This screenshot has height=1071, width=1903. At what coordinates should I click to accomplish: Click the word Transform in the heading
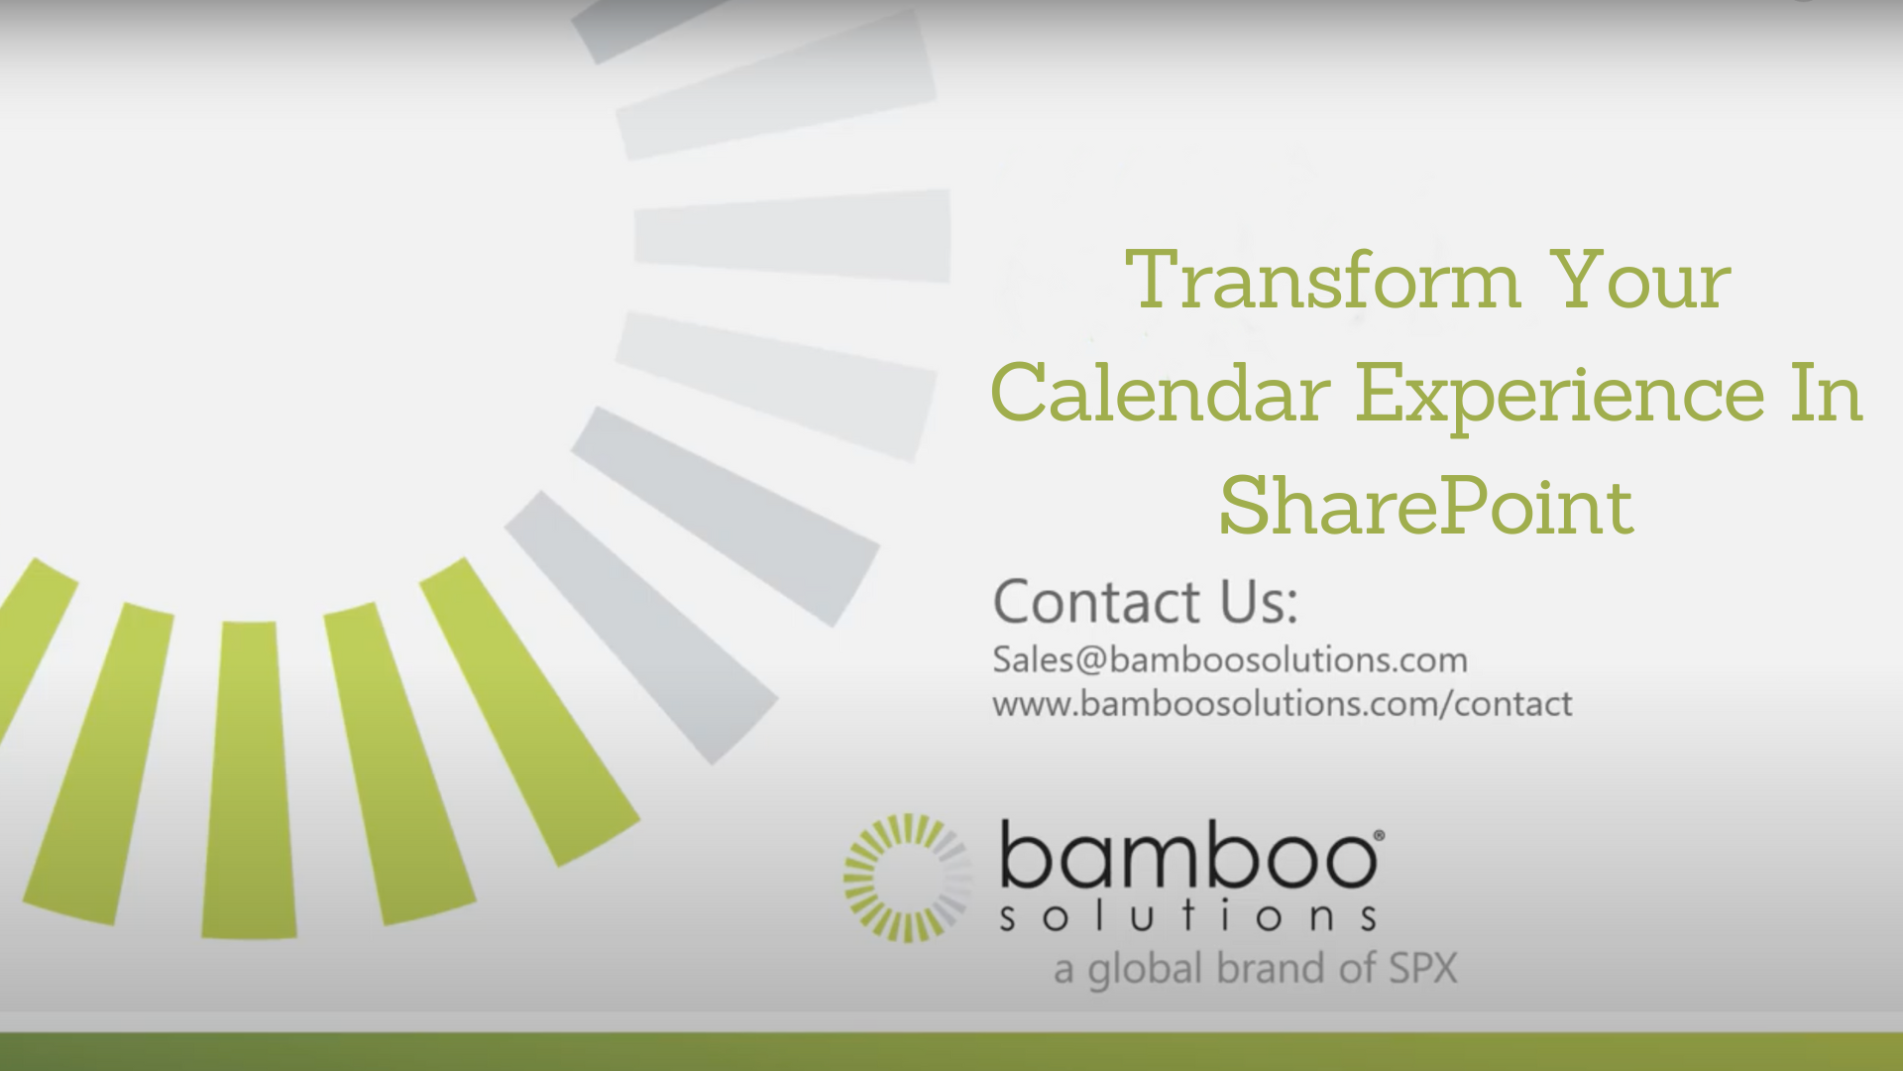click(x=1323, y=281)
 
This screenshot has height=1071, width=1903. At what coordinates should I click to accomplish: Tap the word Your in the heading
click(x=1641, y=281)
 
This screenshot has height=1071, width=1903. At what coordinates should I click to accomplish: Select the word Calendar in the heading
click(x=1160, y=394)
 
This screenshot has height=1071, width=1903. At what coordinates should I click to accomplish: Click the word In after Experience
click(x=1827, y=394)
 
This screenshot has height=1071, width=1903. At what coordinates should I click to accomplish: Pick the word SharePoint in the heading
click(x=1425, y=507)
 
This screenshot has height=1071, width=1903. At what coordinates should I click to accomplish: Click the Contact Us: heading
click(x=1145, y=602)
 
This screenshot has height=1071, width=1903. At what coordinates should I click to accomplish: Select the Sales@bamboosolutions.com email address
click(x=1229, y=660)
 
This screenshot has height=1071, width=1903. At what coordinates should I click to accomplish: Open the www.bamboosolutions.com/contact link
click(x=1282, y=704)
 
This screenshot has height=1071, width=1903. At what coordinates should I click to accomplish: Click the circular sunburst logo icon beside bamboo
click(x=906, y=878)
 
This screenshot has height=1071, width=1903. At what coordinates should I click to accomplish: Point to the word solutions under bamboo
click(x=1187, y=918)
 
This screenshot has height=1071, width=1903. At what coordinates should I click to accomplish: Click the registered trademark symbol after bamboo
click(x=1379, y=837)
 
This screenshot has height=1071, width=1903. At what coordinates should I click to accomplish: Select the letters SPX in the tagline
click(x=1423, y=969)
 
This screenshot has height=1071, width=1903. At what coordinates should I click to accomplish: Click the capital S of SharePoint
click(x=1244, y=507)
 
